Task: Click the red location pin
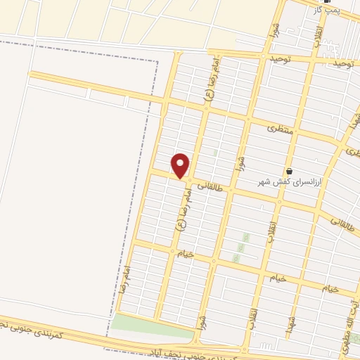pyautogui.click(x=181, y=165)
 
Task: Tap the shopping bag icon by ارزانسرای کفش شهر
pyautogui.click(x=289, y=171)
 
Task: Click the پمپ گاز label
pyautogui.click(x=327, y=10)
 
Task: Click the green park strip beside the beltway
pyautogui.click(x=151, y=325)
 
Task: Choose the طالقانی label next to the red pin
pyautogui.click(x=210, y=187)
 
